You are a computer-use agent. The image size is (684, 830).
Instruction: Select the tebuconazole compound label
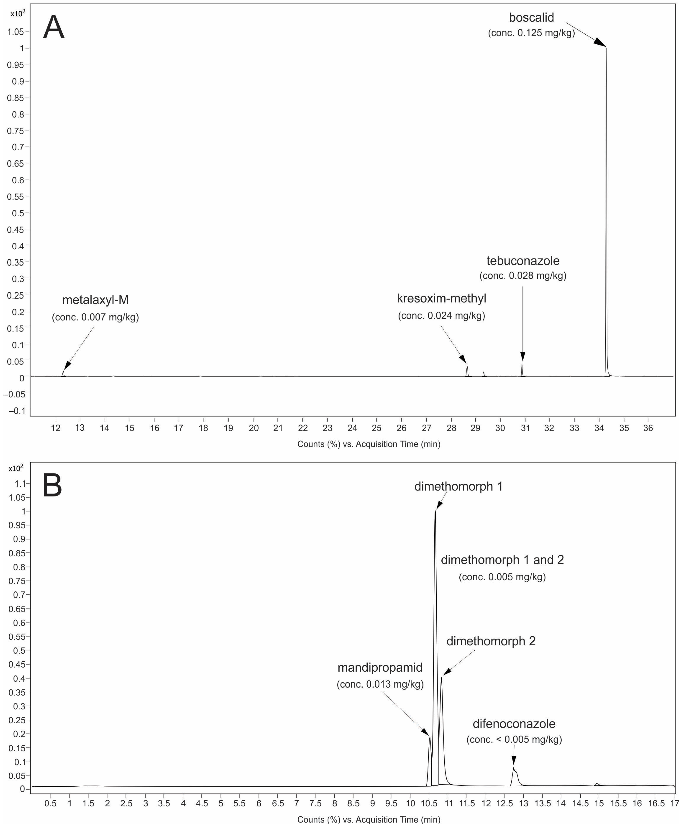[x=523, y=261]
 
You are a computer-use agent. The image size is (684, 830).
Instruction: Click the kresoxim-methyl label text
[x=441, y=299]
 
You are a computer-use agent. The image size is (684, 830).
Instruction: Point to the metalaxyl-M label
[x=95, y=300]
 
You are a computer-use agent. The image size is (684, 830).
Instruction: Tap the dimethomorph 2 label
[x=491, y=641]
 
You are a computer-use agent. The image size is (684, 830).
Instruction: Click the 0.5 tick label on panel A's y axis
[x=16, y=213]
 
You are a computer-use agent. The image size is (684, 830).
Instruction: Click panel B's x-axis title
[x=369, y=820]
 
